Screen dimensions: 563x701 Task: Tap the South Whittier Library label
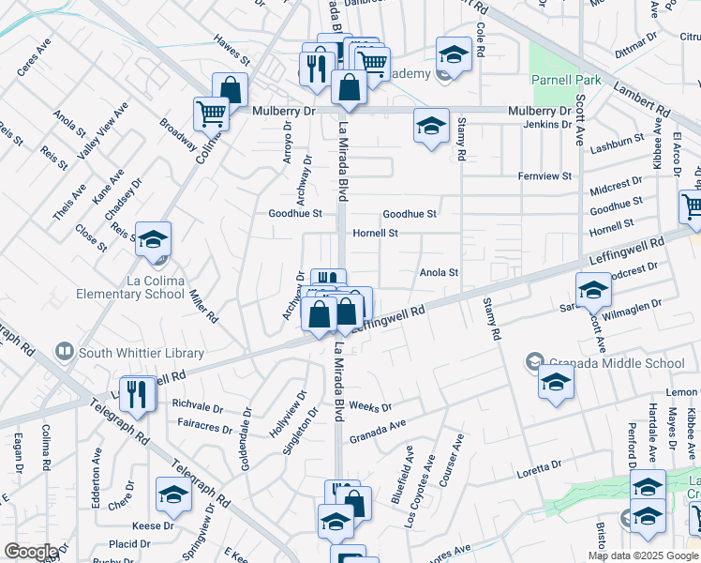tap(141, 353)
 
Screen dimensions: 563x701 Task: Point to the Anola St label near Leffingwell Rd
tap(439, 273)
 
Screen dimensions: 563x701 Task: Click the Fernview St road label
tap(545, 176)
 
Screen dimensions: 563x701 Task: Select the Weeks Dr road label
tap(369, 406)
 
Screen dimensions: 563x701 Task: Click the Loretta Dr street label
tap(538, 464)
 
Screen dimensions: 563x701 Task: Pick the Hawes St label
tap(231, 58)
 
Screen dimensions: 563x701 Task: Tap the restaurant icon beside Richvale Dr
tap(140, 394)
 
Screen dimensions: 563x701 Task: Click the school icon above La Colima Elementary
tap(154, 240)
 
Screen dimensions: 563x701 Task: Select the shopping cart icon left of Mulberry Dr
tap(211, 114)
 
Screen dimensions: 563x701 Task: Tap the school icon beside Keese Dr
tap(174, 495)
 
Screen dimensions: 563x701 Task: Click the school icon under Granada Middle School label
tap(556, 383)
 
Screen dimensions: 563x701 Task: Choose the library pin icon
tap(65, 353)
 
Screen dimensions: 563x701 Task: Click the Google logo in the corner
tap(30, 551)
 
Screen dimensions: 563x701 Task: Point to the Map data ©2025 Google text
tap(643, 555)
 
